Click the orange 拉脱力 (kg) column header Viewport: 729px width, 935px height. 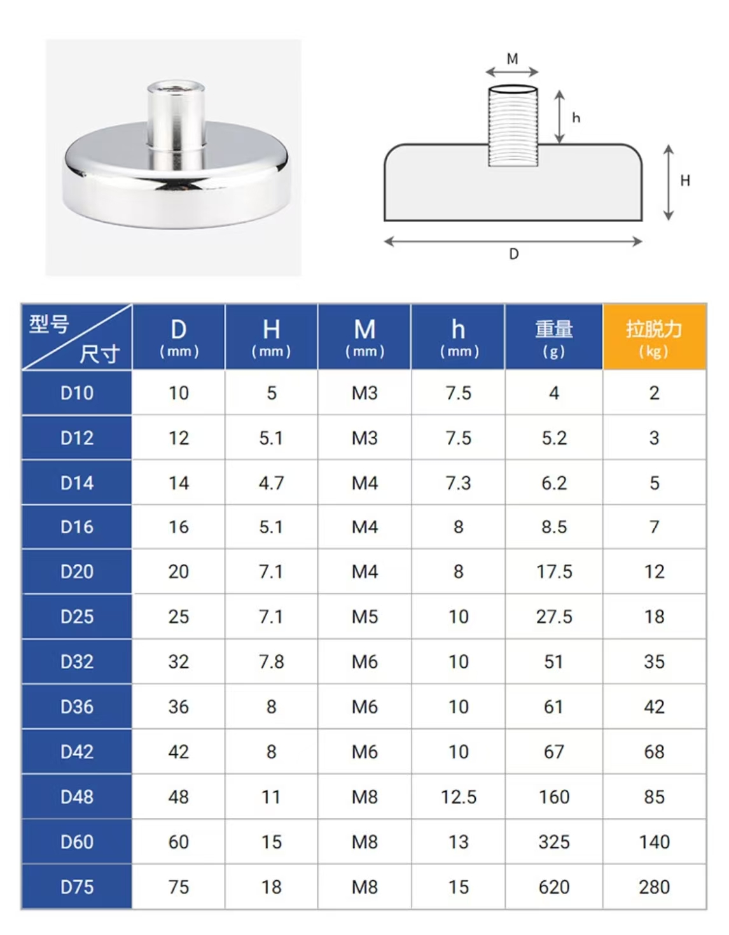click(x=654, y=337)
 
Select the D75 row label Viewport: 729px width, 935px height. click(x=77, y=887)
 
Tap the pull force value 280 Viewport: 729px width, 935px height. click(x=654, y=887)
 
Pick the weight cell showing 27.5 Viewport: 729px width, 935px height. click(x=554, y=617)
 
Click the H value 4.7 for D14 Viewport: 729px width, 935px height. click(x=271, y=483)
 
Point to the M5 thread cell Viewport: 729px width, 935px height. click(x=364, y=617)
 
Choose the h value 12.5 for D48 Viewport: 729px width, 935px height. click(x=459, y=797)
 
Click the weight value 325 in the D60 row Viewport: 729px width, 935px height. click(x=554, y=842)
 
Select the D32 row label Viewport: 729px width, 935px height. click(x=77, y=662)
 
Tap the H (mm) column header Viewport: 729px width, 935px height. click(x=271, y=337)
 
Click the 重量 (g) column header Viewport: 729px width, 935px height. click(x=554, y=337)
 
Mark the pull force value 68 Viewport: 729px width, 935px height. click(x=654, y=752)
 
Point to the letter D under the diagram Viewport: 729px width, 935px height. click(x=514, y=254)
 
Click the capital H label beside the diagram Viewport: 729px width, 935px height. click(x=685, y=181)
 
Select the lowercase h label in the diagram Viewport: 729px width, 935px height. click(x=576, y=118)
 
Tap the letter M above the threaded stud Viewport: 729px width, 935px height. click(x=512, y=59)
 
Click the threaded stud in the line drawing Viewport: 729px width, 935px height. click(x=513, y=126)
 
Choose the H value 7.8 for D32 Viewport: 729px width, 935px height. click(x=271, y=662)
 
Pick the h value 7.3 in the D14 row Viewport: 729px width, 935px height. click(x=459, y=483)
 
